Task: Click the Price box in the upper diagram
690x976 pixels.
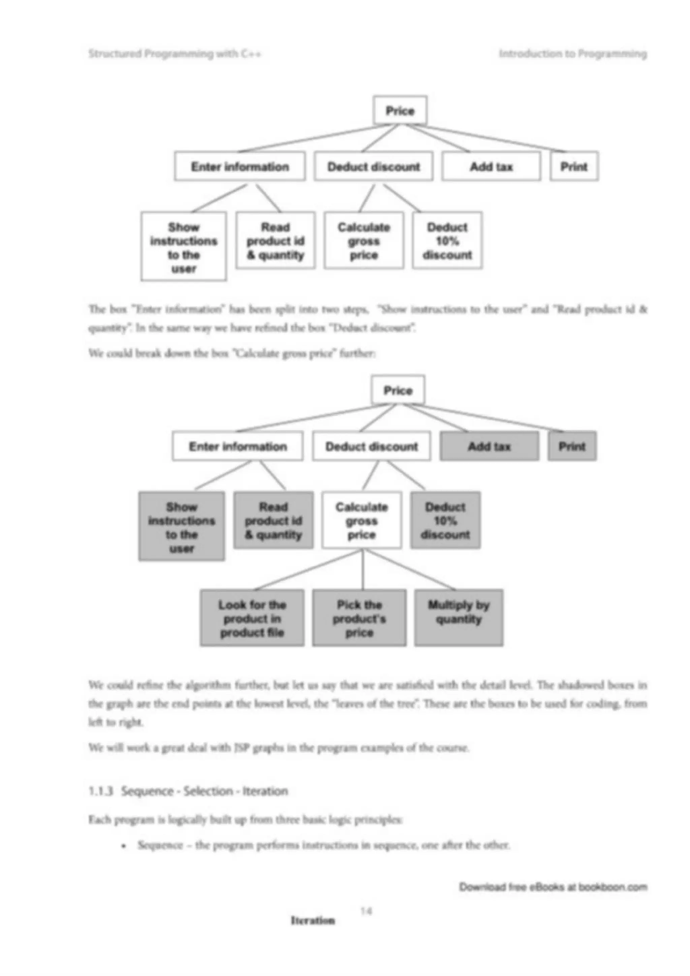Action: click(400, 110)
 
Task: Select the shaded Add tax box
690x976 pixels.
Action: click(489, 446)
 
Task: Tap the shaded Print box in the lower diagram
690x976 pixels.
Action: click(572, 446)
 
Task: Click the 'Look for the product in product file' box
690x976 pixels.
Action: click(252, 618)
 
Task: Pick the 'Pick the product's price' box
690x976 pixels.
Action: click(359, 618)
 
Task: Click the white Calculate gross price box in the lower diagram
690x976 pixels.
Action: click(362, 520)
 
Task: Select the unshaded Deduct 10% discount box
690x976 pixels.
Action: click(447, 240)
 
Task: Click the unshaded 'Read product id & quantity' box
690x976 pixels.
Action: click(276, 240)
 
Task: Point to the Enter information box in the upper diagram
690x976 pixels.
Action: click(240, 166)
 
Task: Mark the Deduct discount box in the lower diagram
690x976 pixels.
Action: click(372, 446)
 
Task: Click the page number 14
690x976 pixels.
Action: click(366, 911)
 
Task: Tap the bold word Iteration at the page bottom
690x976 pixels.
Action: click(312, 921)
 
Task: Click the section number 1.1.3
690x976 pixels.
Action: click(101, 791)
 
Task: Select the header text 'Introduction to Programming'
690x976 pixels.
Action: click(573, 54)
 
